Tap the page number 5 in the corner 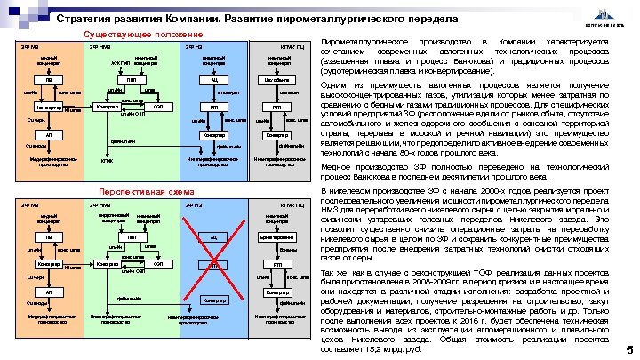pos(629,350)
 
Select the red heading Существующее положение pos(159,34)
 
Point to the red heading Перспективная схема pos(159,191)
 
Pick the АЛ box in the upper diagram pos(49,134)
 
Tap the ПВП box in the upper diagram pos(132,79)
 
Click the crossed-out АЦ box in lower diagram pos(213,236)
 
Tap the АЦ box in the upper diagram pos(213,79)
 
